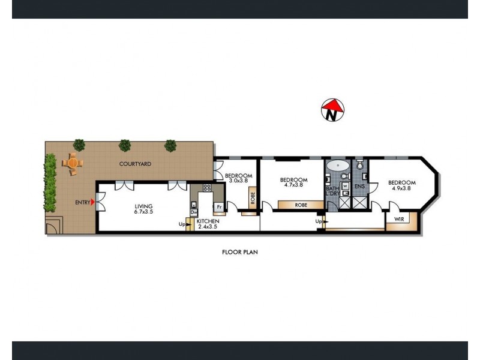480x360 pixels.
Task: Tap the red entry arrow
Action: click(92, 202)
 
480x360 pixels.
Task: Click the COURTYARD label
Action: click(134, 163)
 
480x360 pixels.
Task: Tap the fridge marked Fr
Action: click(219, 207)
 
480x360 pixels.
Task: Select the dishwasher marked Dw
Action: click(193, 212)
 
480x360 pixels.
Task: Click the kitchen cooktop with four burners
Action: click(207, 188)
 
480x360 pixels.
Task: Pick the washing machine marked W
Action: click(345, 186)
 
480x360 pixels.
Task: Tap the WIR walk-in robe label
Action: click(397, 220)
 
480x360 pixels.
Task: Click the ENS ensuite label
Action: click(360, 187)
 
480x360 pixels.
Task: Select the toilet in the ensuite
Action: click(359, 164)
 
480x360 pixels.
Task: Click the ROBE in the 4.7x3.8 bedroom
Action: click(301, 205)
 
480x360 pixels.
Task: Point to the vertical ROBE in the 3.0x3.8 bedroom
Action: click(253, 197)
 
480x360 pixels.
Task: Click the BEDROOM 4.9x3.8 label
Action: click(401, 185)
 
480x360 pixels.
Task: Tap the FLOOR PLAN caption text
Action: click(239, 253)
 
